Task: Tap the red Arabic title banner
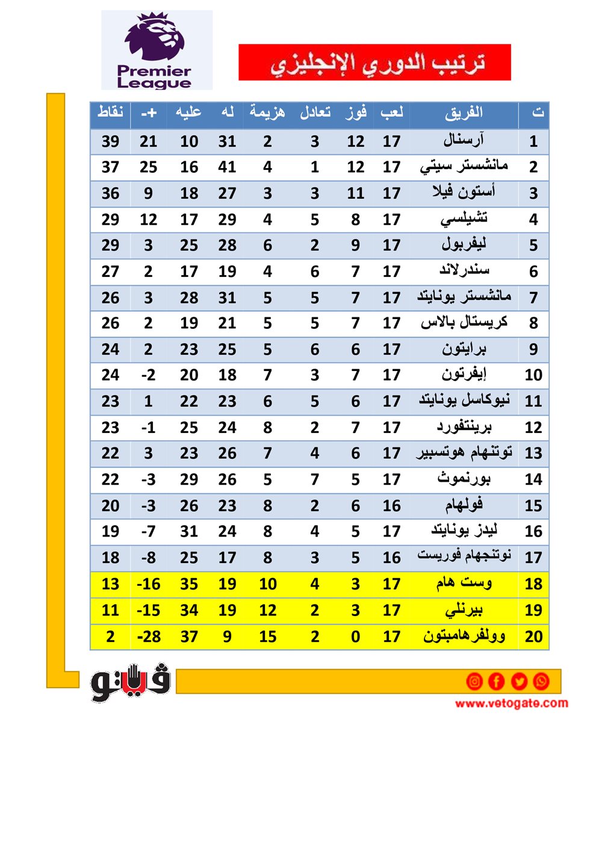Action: [374, 62]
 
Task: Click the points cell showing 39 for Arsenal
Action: [110, 142]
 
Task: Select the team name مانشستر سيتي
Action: [464, 167]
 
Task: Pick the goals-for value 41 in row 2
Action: [227, 167]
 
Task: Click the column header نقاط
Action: [110, 113]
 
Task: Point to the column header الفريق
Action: [464, 113]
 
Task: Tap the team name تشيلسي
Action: [464, 219]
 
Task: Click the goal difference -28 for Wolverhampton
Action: [148, 636]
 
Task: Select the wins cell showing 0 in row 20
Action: [356, 636]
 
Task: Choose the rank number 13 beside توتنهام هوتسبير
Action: [533, 453]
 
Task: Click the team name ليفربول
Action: [464, 245]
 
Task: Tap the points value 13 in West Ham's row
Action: [110, 584]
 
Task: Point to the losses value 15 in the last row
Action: [268, 636]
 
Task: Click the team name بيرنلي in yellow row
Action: [464, 610]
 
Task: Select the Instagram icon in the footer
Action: [474, 681]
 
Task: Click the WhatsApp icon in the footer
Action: [541, 681]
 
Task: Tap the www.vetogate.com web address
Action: [511, 703]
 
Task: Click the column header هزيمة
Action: [268, 113]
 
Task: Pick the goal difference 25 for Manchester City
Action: [148, 167]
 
